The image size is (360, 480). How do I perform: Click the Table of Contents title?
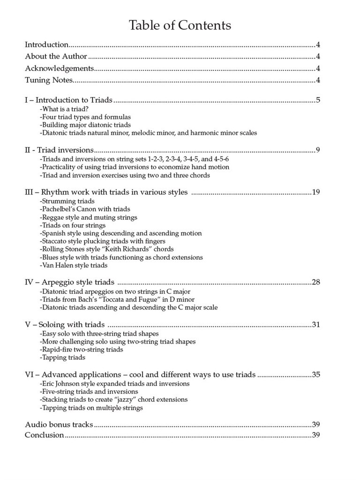(x=180, y=25)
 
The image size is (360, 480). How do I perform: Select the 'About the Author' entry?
(x=56, y=57)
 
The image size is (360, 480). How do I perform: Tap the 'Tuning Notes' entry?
(x=49, y=80)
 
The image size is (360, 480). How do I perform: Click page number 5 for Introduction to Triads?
(x=318, y=100)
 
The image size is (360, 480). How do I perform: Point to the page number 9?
(x=318, y=150)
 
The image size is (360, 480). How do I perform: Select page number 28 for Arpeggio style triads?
(x=316, y=282)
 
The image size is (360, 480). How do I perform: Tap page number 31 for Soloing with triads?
(x=316, y=324)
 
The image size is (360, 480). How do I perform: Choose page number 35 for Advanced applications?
(x=316, y=375)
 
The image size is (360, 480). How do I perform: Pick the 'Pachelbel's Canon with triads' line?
(x=85, y=209)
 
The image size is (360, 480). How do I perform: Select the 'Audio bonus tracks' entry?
(x=59, y=425)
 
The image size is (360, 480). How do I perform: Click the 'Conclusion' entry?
(x=44, y=435)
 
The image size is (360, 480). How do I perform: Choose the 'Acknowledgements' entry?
(x=60, y=68)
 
